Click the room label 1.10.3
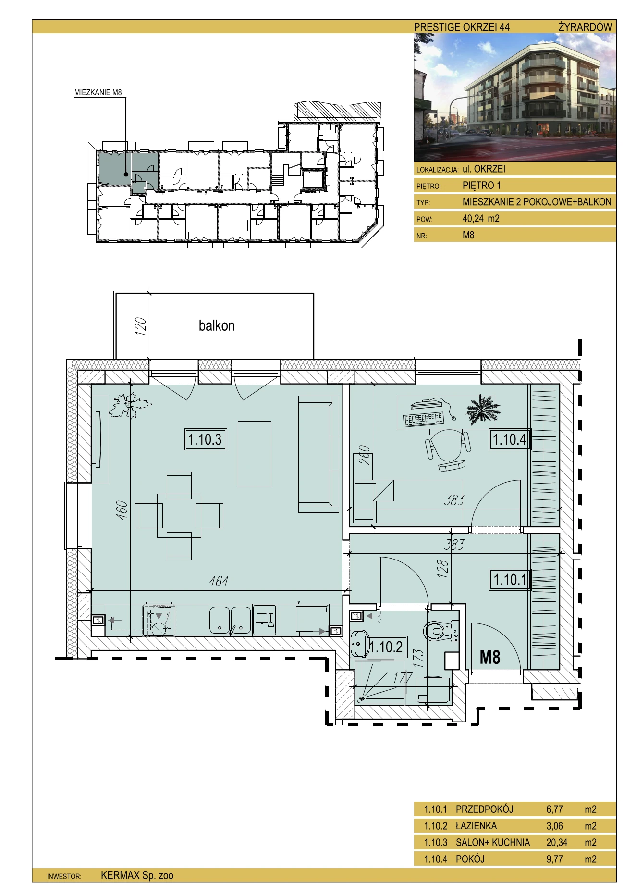click(205, 439)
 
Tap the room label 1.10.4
click(510, 439)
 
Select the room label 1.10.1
click(510, 579)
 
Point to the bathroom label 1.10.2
click(386, 647)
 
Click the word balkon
click(217, 325)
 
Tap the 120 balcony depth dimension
click(140, 327)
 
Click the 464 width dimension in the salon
click(219, 582)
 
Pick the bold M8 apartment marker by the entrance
click(490, 657)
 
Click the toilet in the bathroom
click(440, 630)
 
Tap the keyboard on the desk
click(424, 420)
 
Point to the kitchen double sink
click(230, 620)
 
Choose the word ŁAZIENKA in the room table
click(476, 826)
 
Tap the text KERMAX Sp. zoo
click(137, 875)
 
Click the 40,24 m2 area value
click(481, 219)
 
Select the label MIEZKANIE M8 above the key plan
click(98, 93)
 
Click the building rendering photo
click(515, 98)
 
